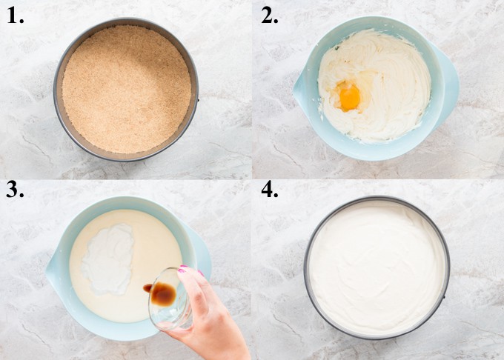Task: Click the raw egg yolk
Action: click(x=349, y=97)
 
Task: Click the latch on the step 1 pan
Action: click(x=198, y=98)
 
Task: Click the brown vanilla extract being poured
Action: click(x=162, y=293)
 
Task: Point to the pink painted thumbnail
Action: click(x=182, y=270)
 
